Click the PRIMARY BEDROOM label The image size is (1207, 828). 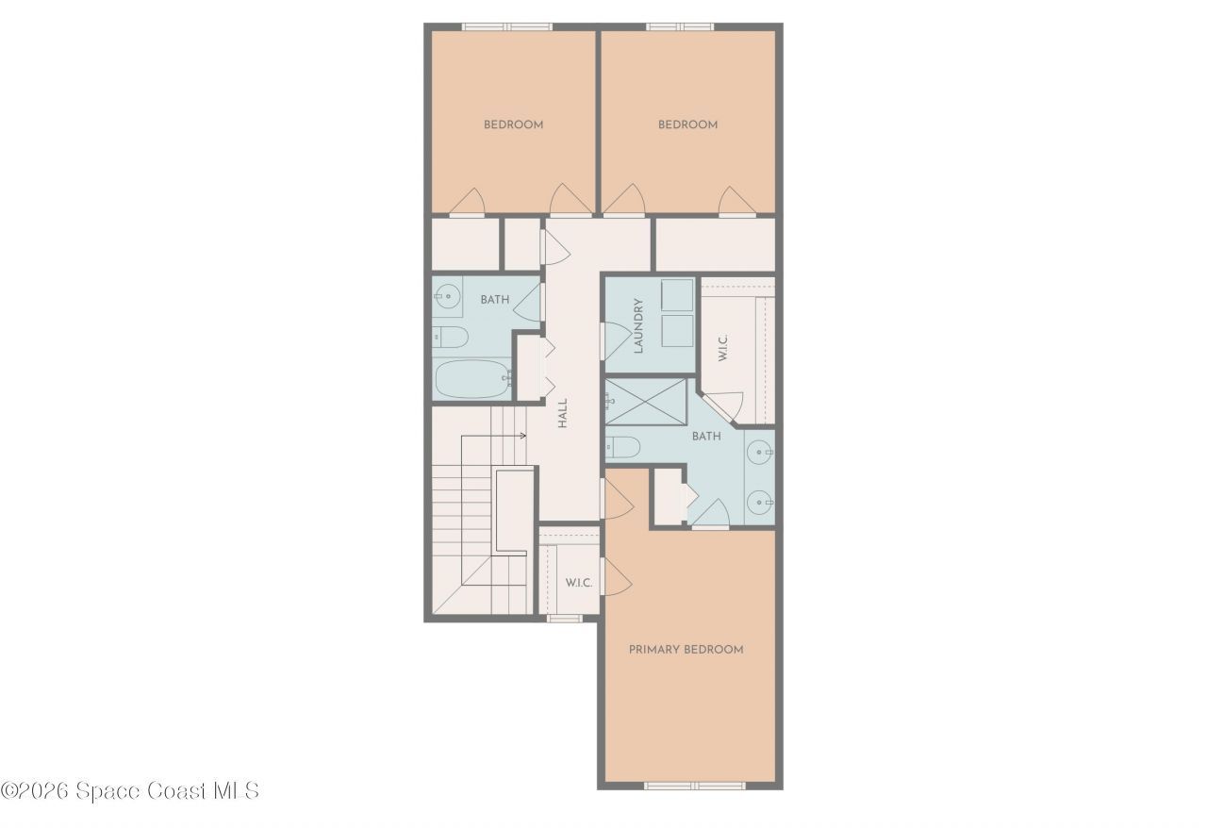coord(686,650)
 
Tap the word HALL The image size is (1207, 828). coord(562,413)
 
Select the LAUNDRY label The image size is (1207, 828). coord(638,325)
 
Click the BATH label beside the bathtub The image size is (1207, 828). coord(494,300)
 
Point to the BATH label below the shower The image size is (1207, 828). coord(706,437)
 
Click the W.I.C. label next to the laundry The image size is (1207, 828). coord(722,347)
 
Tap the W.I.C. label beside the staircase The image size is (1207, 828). coord(578,583)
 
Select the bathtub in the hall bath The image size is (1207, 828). coord(471,378)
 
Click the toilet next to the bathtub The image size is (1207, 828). coord(451,337)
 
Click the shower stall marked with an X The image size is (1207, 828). coord(648,401)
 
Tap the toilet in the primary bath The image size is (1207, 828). coord(624,446)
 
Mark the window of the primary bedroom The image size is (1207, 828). coord(694,785)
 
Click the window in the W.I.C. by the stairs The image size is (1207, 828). coord(564,619)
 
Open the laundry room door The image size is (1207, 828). coord(614,340)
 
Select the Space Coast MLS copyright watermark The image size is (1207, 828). coord(129,790)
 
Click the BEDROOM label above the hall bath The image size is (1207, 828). coord(513,124)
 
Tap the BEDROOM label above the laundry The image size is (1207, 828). coord(687,124)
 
